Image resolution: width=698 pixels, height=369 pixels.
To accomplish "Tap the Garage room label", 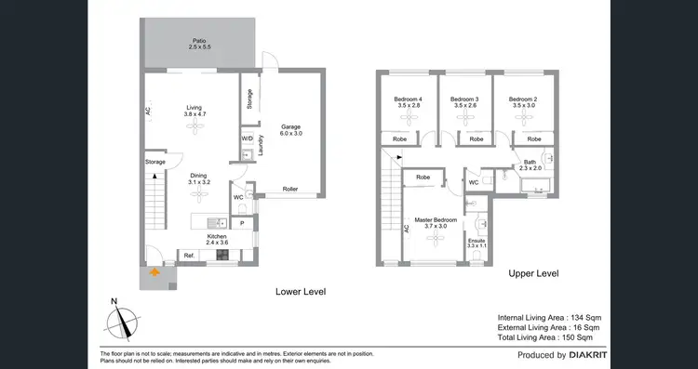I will [x=292, y=129].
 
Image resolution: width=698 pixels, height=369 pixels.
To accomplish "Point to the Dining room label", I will [x=199, y=179].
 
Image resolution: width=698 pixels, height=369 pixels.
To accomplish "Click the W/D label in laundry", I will [x=247, y=138].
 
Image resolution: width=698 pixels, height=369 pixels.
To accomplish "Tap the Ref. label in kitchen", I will [x=188, y=256].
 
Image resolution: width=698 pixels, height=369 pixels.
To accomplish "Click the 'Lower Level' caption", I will [x=300, y=291].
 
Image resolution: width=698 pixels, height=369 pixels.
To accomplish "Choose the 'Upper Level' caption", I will [x=532, y=274].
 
